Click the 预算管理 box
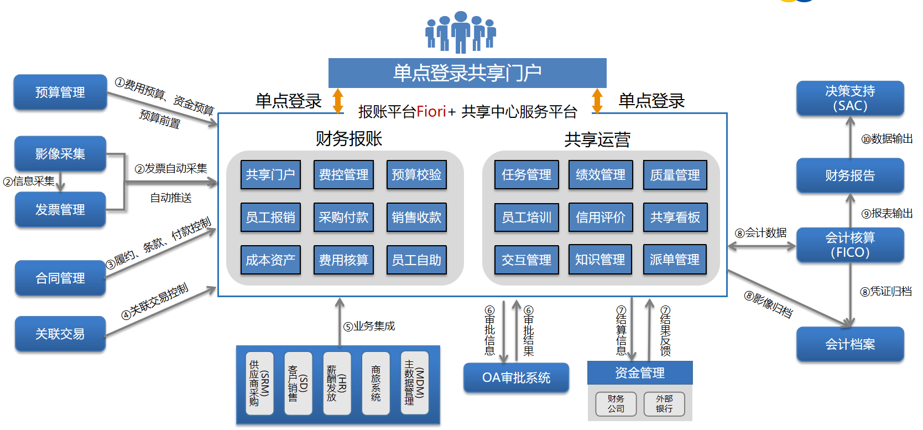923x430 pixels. coord(60,92)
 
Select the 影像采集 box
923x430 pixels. coord(60,154)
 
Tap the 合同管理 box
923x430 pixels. coord(60,278)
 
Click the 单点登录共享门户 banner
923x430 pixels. coord(467,73)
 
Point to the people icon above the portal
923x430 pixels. coord(460,32)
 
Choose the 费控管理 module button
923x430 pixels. coord(343,175)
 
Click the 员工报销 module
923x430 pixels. coord(270,217)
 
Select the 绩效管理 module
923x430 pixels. coord(600,175)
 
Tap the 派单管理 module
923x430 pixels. coord(674,260)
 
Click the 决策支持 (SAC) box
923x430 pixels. coord(850,99)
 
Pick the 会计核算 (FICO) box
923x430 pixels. coord(850,245)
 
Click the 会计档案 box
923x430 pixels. coord(850,344)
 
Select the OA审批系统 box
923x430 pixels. coord(516,378)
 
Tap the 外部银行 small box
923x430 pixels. coord(664,404)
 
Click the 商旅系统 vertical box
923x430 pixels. coord(376,383)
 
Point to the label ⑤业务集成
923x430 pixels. coord(369,326)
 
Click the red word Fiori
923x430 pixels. coord(431,112)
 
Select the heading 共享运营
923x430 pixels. coord(597,139)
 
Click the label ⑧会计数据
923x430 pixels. coord(760,233)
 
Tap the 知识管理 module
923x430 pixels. coord(600,260)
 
